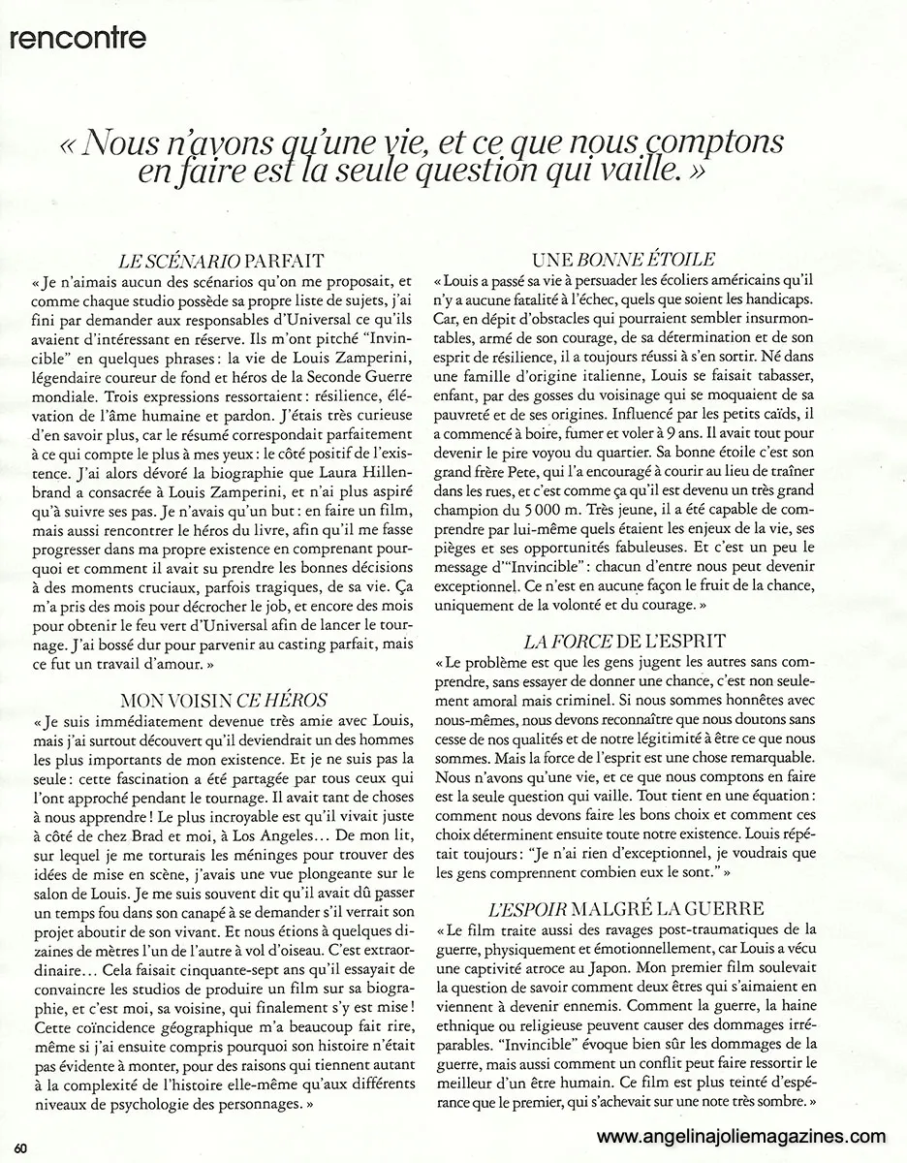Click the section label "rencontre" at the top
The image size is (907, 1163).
point(77,38)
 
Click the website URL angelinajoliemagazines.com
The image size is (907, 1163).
point(741,1138)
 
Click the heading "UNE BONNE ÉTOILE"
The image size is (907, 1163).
point(624,259)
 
